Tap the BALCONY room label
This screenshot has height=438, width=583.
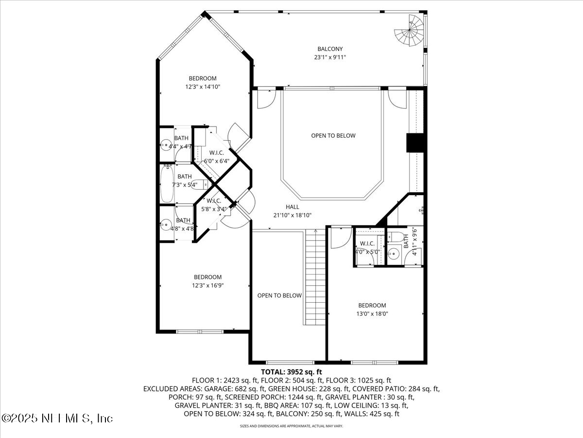tap(330, 49)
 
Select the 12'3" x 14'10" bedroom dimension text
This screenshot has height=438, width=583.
tap(203, 87)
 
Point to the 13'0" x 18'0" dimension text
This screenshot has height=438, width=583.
tap(372, 314)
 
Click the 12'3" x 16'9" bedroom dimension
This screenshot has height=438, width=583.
tap(207, 286)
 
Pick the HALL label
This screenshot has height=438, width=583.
tap(292, 207)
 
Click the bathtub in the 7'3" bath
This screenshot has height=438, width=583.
tap(167, 184)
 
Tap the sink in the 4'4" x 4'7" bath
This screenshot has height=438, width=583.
tap(166, 145)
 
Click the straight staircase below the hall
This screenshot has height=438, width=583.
tap(315, 277)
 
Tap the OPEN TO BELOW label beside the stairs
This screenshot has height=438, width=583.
tap(279, 295)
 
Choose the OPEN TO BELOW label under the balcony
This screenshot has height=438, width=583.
tap(333, 136)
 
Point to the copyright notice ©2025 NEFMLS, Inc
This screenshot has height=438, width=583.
tap(57, 418)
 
